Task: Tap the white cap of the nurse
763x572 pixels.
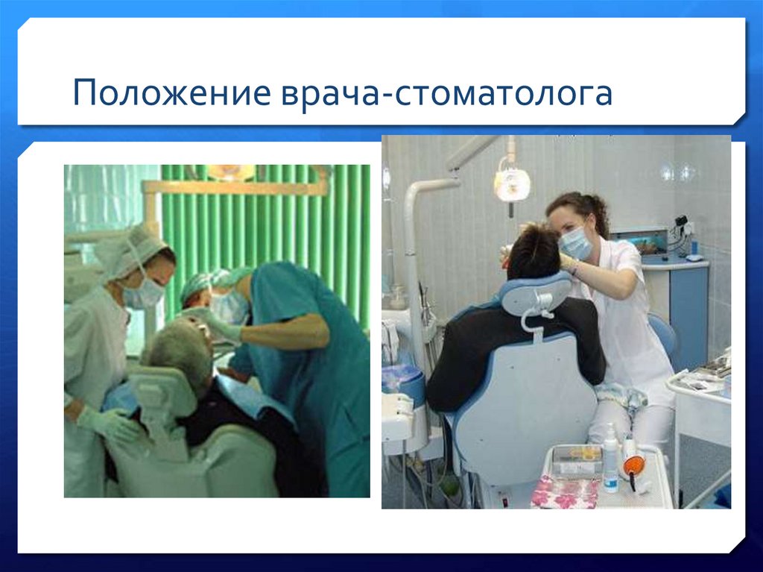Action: [x=130, y=250]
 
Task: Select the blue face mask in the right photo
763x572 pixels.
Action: [x=575, y=242]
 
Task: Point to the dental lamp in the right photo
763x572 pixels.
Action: [x=512, y=183]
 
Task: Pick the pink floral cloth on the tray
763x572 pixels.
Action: [x=565, y=492]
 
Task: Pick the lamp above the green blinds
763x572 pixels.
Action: [x=231, y=173]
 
